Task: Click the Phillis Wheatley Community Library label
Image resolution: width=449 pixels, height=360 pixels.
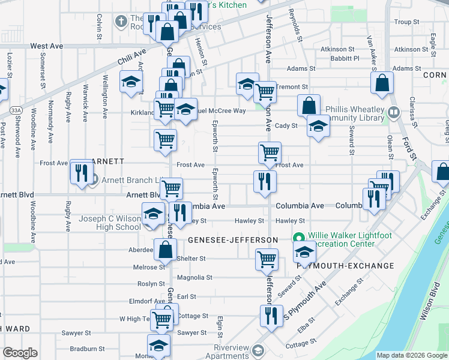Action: pos(355,114)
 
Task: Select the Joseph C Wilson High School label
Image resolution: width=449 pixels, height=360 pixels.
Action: pos(110,223)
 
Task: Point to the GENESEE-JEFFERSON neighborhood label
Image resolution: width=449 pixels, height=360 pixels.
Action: pos(232,240)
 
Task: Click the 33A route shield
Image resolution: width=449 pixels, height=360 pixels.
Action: pos(16,110)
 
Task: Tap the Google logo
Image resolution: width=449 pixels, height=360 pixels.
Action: pos(20,352)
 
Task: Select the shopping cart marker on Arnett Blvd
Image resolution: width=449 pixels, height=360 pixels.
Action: pos(172,188)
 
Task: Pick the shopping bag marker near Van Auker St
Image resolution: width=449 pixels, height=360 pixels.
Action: pos(382,83)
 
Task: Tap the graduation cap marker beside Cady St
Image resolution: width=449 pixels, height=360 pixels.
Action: pos(318,126)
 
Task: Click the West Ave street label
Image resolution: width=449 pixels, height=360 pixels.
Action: pos(46,46)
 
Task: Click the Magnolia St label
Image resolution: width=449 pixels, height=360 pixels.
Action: pos(195,278)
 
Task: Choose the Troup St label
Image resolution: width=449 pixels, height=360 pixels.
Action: pos(406,22)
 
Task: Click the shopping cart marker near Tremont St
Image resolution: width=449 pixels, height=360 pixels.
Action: pos(265,92)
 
